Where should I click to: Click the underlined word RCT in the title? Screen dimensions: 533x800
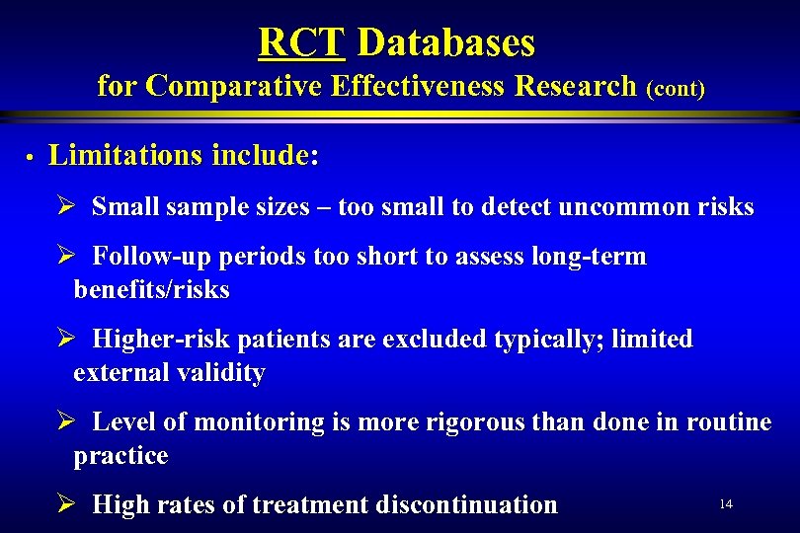[300, 42]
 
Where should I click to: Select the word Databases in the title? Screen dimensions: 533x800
[445, 42]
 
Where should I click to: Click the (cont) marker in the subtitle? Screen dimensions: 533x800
[676, 89]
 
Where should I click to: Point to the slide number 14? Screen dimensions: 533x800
[725, 504]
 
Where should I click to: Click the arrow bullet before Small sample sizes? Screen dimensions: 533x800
[65, 207]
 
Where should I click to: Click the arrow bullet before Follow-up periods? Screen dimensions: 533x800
[65, 258]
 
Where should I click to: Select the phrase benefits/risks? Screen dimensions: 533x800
[151, 290]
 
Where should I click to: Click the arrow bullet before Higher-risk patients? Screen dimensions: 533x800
[65, 340]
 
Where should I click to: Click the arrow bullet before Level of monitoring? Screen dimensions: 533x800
[65, 422]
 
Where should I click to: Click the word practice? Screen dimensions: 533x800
[120, 456]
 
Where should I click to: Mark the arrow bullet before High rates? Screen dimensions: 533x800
[65, 505]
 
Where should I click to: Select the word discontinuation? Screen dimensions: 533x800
[461, 505]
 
